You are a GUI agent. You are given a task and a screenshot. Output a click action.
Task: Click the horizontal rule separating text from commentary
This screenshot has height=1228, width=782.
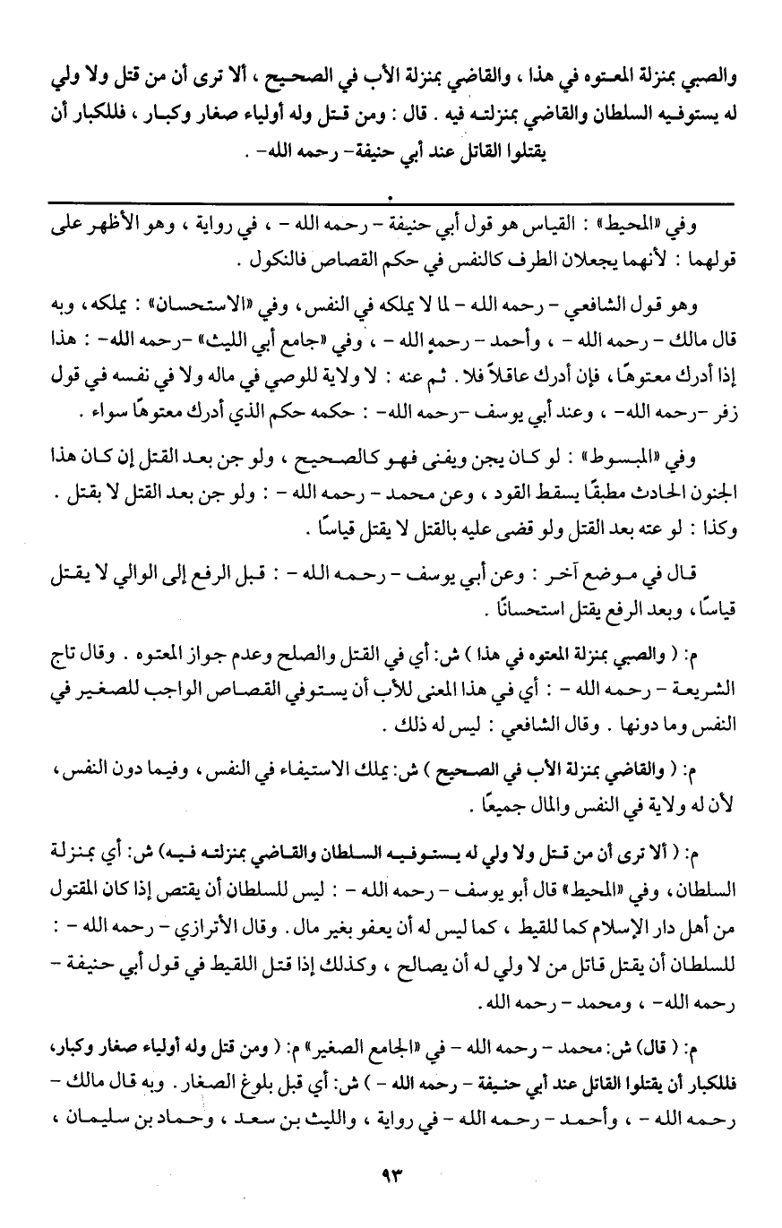[x=391, y=205]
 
